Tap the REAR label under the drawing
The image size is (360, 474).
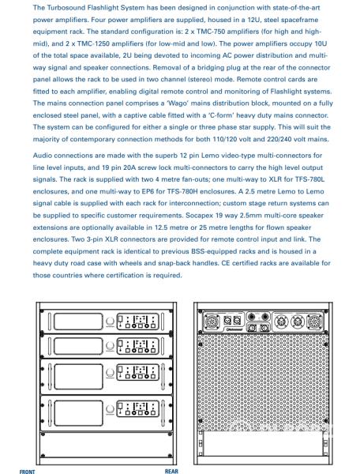point(171,471)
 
